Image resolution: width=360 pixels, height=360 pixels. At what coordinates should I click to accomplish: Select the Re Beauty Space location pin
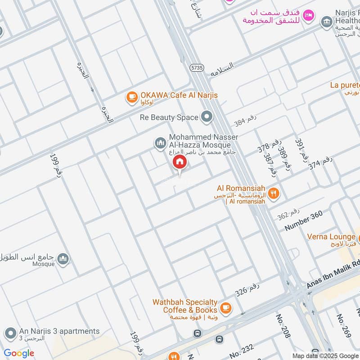tap(207, 117)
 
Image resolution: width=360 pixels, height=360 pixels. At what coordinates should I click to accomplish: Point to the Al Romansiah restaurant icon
tap(274, 194)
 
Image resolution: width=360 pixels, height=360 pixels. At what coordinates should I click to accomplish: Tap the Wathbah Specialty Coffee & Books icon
tap(226, 308)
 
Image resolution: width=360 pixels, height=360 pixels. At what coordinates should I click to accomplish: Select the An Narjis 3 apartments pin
tap(10, 333)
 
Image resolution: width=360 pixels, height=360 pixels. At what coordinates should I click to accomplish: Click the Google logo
tap(19, 353)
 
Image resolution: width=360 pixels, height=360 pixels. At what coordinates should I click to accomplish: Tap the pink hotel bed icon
tap(308, 15)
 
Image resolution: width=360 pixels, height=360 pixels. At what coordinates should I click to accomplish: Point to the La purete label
tap(345, 85)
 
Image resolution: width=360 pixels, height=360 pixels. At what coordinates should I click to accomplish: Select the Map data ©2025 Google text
tap(325, 355)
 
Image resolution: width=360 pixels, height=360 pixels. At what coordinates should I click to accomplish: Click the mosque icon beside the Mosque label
tap(64, 259)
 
